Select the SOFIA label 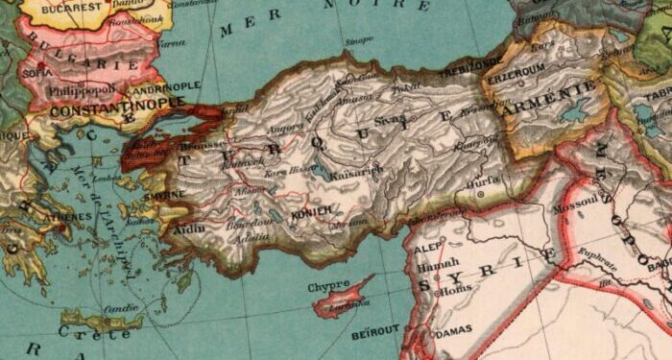click(37, 72)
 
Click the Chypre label click(328, 285)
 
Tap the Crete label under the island click(95, 333)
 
